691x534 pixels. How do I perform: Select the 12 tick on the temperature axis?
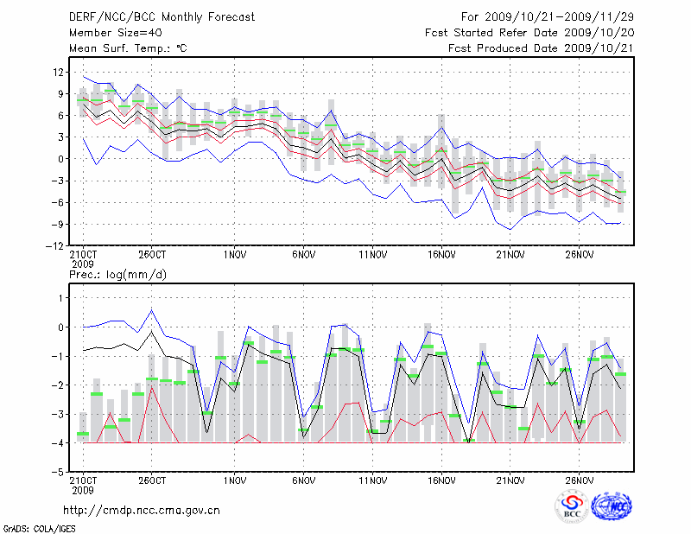(x=59, y=72)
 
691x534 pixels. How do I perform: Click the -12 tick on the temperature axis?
(x=56, y=245)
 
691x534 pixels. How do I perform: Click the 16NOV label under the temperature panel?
(x=441, y=255)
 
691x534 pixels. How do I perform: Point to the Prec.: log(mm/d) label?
(x=117, y=275)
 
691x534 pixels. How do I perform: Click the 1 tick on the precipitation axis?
(x=61, y=298)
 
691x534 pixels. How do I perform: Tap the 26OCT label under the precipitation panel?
(x=151, y=481)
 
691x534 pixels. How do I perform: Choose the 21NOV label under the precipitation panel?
(x=510, y=481)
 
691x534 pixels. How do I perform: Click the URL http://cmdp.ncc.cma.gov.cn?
(x=142, y=511)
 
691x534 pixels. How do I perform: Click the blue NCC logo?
(x=611, y=507)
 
